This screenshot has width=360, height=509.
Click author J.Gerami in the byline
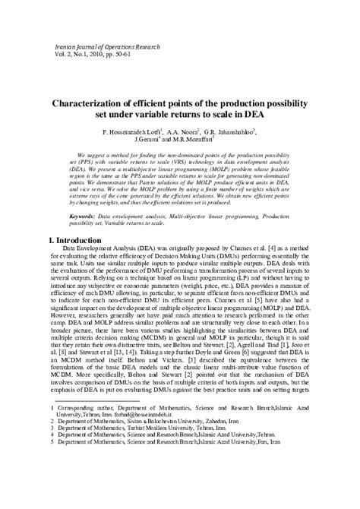pyautogui.click(x=169, y=141)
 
